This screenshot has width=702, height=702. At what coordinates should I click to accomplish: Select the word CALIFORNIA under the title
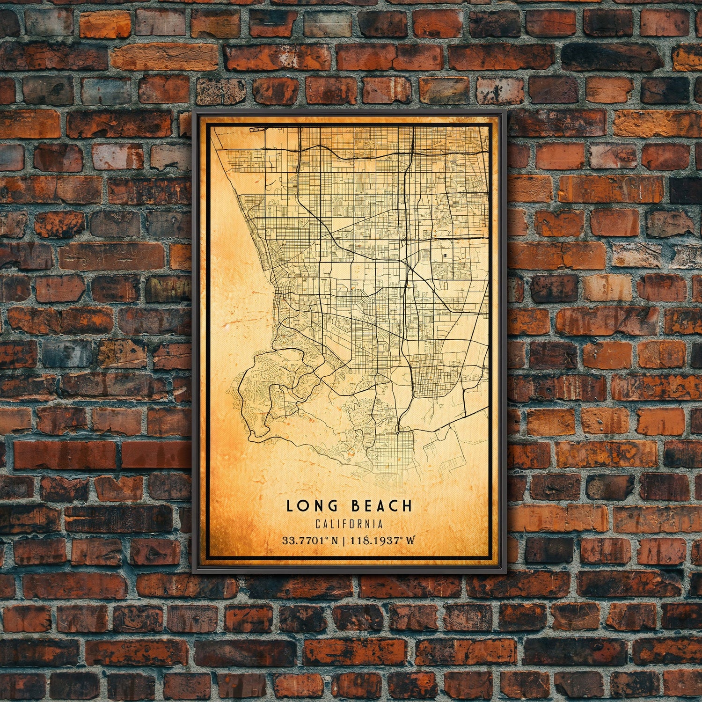tap(349, 524)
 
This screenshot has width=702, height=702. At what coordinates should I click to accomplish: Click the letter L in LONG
tap(289, 505)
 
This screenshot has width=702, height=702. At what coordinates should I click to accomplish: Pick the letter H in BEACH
tap(408, 505)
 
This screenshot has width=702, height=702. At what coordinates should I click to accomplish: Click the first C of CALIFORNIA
tap(318, 524)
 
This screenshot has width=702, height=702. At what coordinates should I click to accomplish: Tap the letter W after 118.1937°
tap(410, 541)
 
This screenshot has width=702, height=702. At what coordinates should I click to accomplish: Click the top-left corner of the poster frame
tap(192, 112)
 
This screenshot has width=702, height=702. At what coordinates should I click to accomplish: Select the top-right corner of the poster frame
tap(506, 112)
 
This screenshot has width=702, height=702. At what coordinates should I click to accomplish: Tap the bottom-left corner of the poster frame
tap(192, 573)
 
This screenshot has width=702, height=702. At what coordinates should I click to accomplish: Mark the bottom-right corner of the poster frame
tap(506, 573)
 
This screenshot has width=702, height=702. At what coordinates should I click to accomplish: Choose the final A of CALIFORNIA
tap(380, 524)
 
